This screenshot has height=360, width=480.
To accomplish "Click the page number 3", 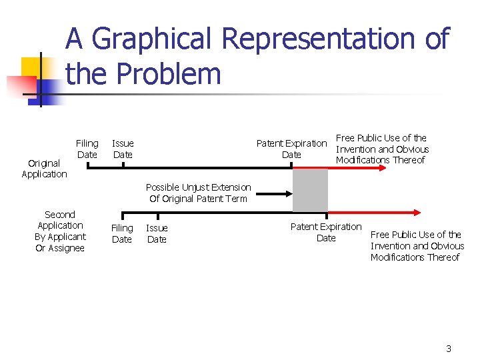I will (x=449, y=349).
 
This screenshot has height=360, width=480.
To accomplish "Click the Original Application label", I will (x=44, y=169).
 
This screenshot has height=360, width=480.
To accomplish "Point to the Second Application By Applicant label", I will (x=60, y=231).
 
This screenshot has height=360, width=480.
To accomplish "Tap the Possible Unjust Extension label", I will (x=198, y=193).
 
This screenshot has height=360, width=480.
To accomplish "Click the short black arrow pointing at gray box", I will (x=273, y=194).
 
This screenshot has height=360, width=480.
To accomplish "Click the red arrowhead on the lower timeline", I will (x=417, y=213).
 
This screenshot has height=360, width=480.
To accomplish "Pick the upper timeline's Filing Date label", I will (x=87, y=149).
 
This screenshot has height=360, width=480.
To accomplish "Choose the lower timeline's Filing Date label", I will (x=122, y=233).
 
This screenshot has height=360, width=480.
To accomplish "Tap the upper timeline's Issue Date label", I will (x=123, y=149).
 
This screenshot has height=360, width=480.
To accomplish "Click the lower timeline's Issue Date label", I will (x=157, y=233).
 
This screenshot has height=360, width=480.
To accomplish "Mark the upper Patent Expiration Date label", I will (x=291, y=149).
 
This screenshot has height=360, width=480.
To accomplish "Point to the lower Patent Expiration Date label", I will (x=326, y=232).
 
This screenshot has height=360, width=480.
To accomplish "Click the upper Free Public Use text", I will (x=382, y=149).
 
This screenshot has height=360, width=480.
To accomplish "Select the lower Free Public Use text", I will (x=417, y=245).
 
